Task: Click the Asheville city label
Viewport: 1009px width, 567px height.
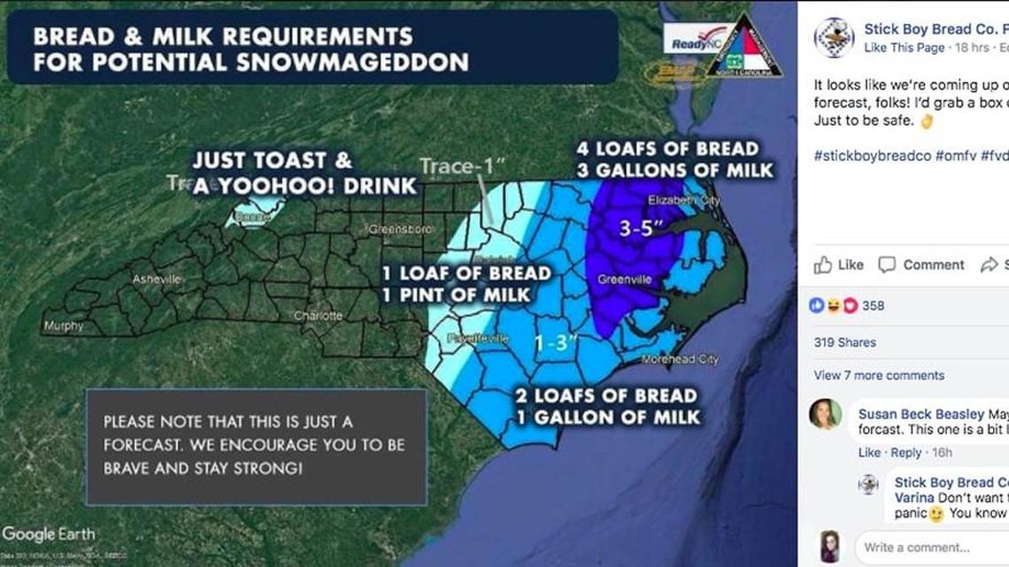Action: pyautogui.click(x=157, y=280)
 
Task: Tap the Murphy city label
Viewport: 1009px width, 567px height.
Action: pyautogui.click(x=64, y=326)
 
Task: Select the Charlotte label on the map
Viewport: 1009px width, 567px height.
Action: pyautogui.click(x=319, y=316)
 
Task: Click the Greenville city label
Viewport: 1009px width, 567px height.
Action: pyautogui.click(x=625, y=280)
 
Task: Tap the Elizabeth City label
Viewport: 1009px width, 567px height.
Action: pyautogui.click(x=684, y=201)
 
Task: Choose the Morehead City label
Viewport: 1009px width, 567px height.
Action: pyautogui.click(x=681, y=359)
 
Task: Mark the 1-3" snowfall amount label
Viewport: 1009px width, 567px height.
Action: pyautogui.click(x=556, y=341)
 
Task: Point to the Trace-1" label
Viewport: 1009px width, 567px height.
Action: pyautogui.click(x=462, y=166)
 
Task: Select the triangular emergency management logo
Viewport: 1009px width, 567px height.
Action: pyautogui.click(x=744, y=47)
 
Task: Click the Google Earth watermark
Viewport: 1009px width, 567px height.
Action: pyautogui.click(x=49, y=533)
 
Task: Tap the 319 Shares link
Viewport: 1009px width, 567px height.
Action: pyautogui.click(x=845, y=342)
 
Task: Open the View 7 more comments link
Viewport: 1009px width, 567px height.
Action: pyautogui.click(x=879, y=375)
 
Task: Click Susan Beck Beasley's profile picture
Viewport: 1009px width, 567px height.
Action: pyautogui.click(x=825, y=414)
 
